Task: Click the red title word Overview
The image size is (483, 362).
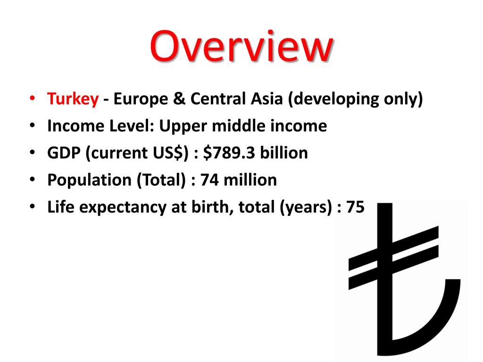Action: [x=241, y=46]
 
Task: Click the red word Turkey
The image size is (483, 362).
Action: [x=73, y=99]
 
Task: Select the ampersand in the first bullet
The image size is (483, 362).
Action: [x=182, y=99]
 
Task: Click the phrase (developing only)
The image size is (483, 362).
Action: [x=356, y=99]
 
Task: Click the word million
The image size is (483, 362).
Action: [x=250, y=180]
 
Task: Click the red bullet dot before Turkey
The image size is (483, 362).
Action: [x=31, y=100]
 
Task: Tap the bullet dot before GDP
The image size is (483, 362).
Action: [x=31, y=154]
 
